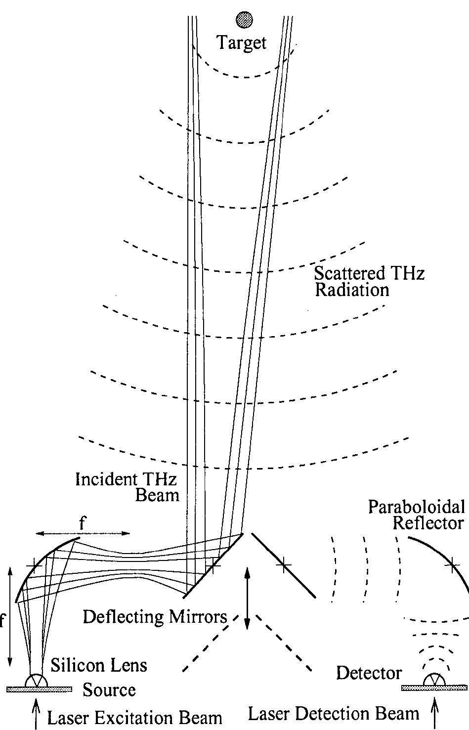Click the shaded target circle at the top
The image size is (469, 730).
point(244,19)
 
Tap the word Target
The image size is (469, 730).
point(242,43)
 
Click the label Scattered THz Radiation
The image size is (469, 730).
point(369,281)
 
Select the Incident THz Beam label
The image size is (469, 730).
point(127,487)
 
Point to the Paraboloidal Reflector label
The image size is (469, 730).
point(417,515)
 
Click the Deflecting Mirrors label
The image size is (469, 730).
point(155,617)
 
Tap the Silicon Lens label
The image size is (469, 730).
point(99,665)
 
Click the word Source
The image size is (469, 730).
point(109,689)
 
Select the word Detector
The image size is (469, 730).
point(369,673)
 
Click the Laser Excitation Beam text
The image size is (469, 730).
point(134,718)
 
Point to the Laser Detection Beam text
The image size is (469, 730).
point(333,714)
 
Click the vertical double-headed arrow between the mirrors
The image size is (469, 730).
point(248,598)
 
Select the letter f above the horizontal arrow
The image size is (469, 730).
point(82,523)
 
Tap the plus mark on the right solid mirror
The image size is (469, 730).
point(283,565)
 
